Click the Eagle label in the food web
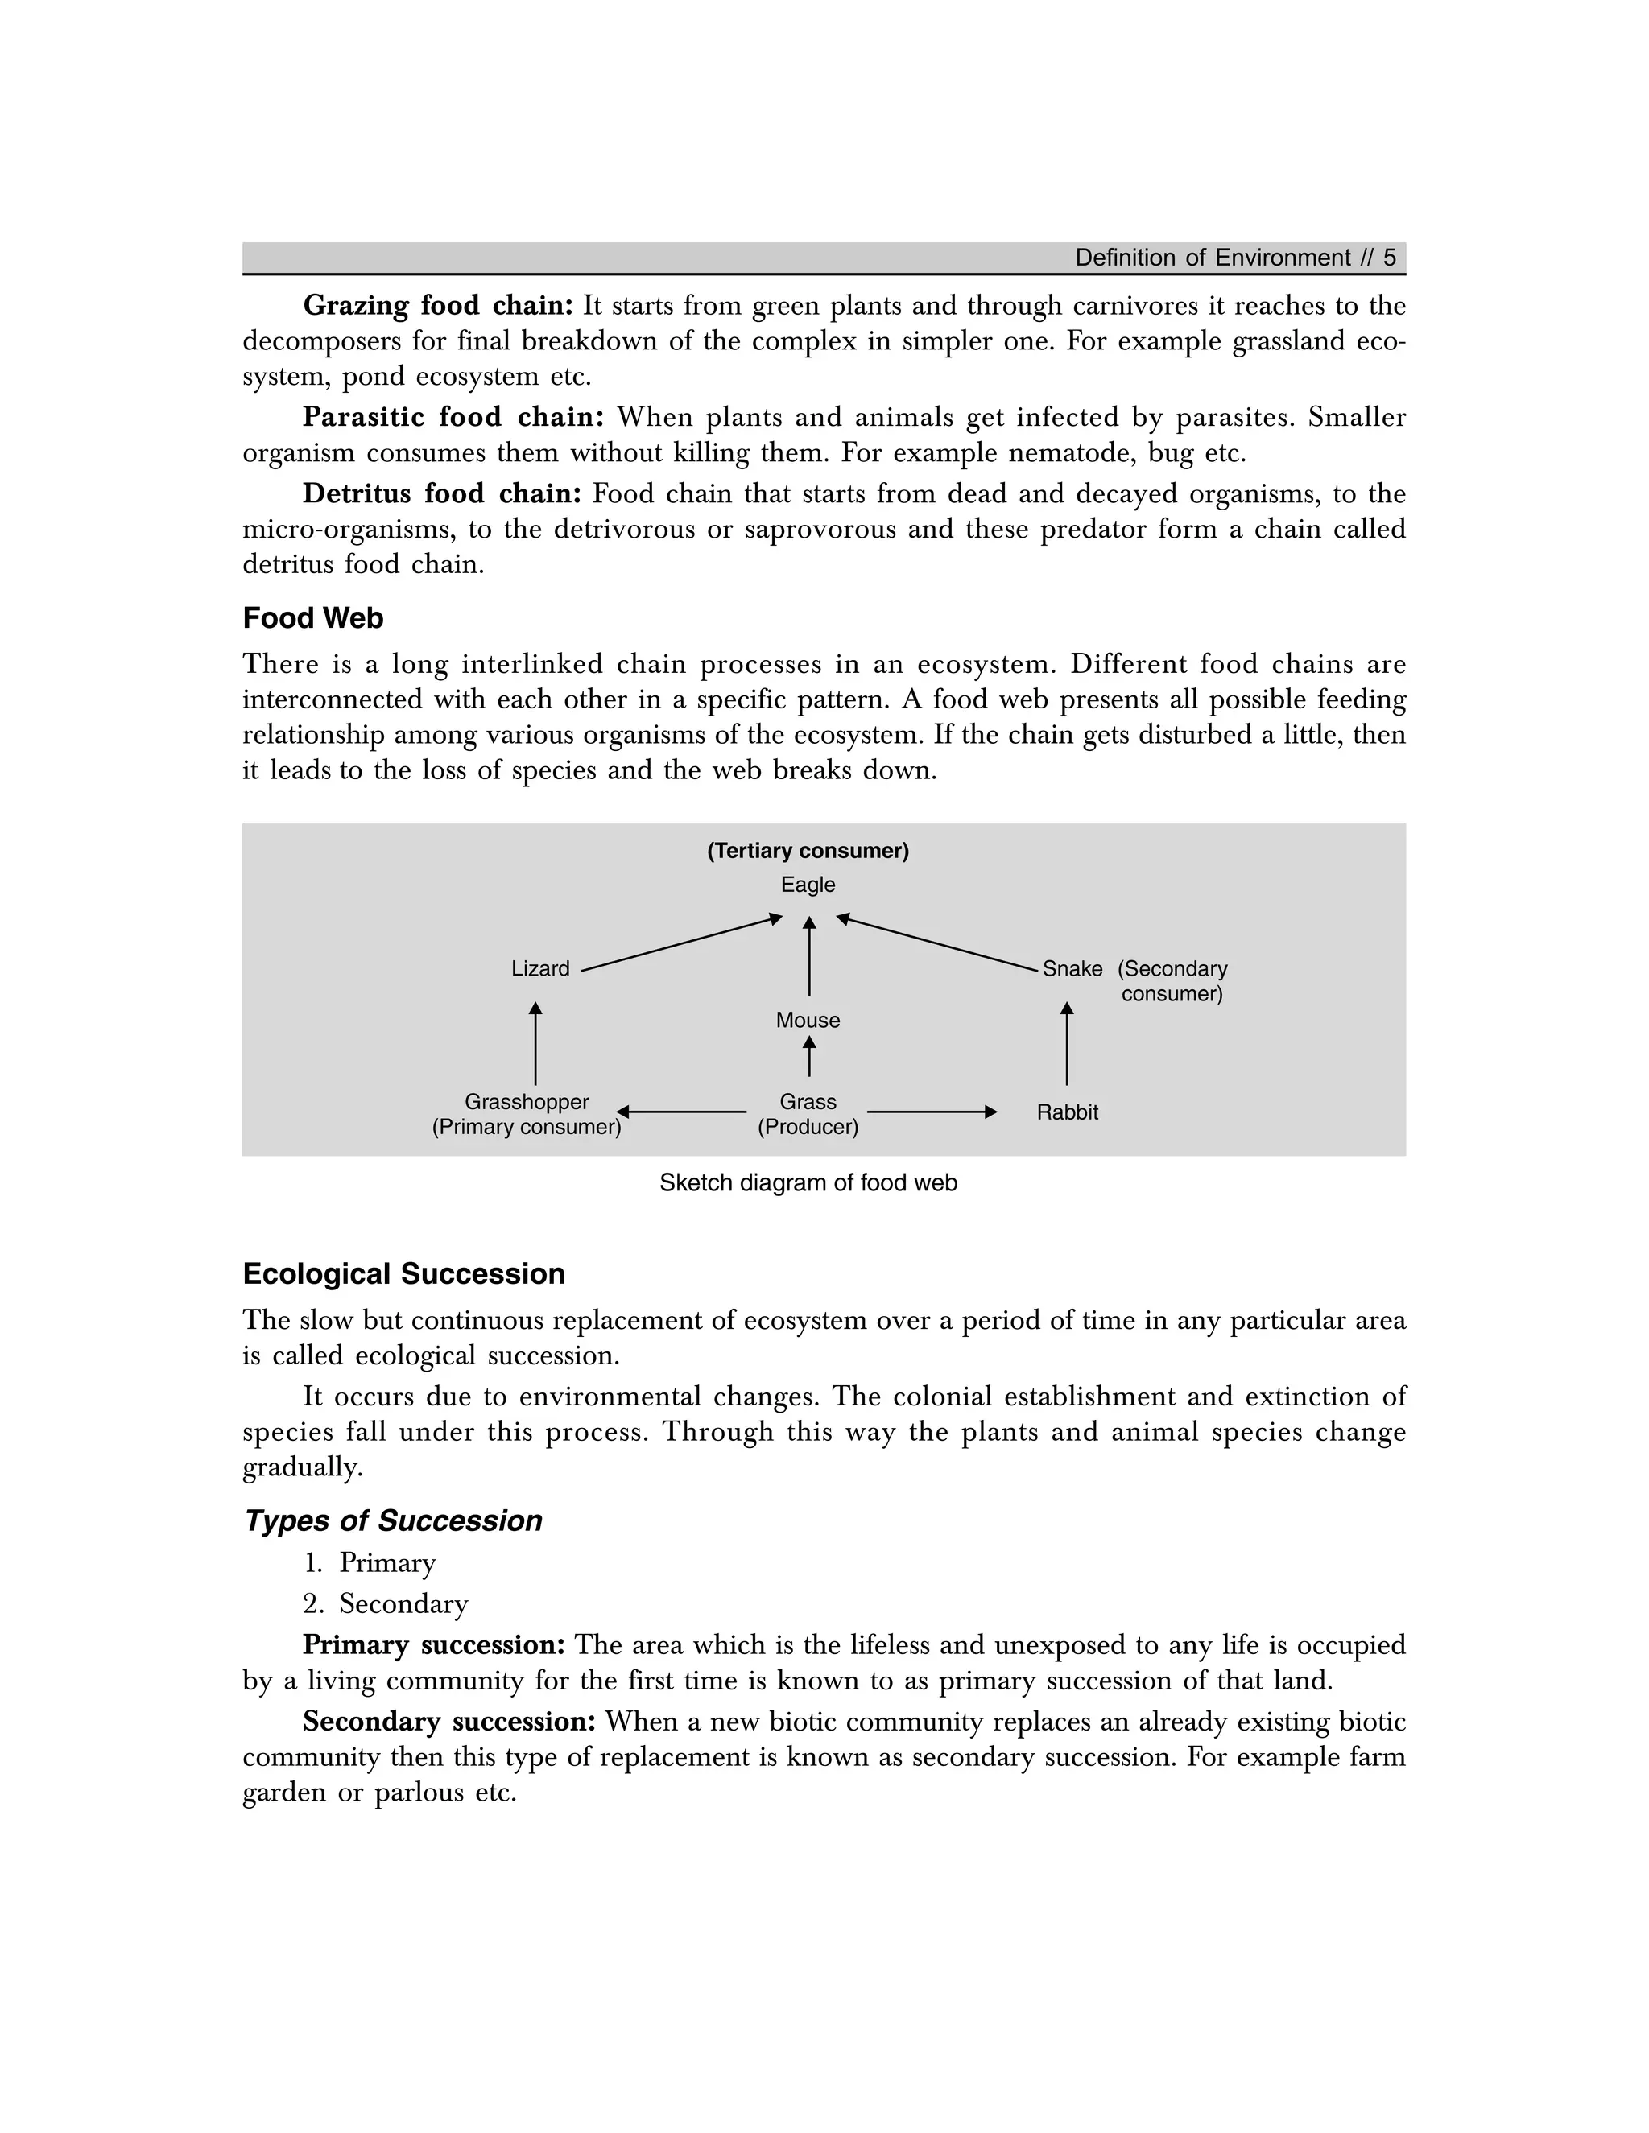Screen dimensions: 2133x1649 [x=808, y=885]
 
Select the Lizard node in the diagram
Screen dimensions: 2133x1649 [x=540, y=969]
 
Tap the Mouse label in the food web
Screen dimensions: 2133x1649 [x=808, y=1021]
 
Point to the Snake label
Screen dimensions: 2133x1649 [x=1072, y=969]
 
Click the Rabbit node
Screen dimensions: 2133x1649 [x=1067, y=1112]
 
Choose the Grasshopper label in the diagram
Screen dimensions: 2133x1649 [x=527, y=1102]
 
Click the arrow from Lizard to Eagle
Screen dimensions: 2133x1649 [x=681, y=943]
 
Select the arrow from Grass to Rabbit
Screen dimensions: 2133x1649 [x=931, y=1112]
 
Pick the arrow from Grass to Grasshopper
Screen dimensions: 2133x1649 [x=681, y=1112]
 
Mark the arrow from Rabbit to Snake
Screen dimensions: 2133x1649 [x=1067, y=1043]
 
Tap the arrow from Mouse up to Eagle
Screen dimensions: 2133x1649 [x=809, y=956]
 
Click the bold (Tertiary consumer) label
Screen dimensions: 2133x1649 [x=808, y=851]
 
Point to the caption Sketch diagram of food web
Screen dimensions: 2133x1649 [x=808, y=1182]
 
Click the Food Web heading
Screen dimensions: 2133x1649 [x=312, y=618]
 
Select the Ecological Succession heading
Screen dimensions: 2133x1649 [x=403, y=1274]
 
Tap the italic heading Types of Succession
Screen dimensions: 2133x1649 [x=393, y=1520]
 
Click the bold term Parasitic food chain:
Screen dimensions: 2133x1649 [x=453, y=417]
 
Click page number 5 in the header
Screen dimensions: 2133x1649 [x=1389, y=258]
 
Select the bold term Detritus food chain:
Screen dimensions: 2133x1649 [x=441, y=493]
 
